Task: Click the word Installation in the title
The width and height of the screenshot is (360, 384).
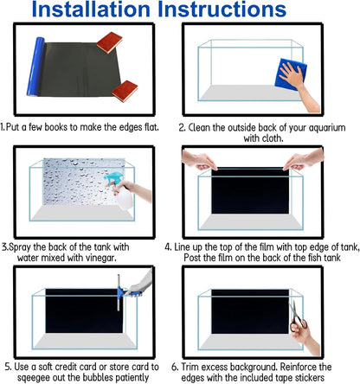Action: pyautogui.click(x=91, y=10)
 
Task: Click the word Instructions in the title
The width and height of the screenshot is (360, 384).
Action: pyautogui.click(x=222, y=10)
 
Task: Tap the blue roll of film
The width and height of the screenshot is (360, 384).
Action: pyautogui.click(x=35, y=67)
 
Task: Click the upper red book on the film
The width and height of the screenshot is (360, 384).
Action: pyautogui.click(x=109, y=42)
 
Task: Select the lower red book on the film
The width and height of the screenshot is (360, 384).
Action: pyautogui.click(x=125, y=91)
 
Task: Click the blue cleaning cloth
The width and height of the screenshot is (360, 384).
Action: pyautogui.click(x=290, y=74)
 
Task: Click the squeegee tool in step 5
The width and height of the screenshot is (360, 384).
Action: pyautogui.click(x=123, y=293)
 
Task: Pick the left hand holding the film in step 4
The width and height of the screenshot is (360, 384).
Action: pyautogui.click(x=199, y=160)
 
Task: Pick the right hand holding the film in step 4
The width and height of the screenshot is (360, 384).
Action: pyautogui.click(x=304, y=159)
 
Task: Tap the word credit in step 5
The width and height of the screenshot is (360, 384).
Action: pyautogui.click(x=66, y=367)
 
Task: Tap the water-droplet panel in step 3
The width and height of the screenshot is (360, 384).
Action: pyautogui.click(x=84, y=182)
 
